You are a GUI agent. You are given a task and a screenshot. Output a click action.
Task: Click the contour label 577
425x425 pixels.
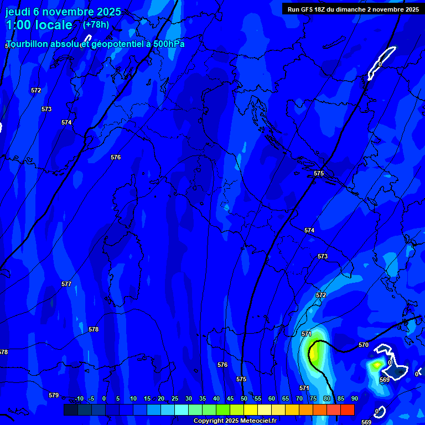tap(66, 284)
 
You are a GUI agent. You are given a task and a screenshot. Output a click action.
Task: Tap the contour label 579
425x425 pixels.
tap(54, 395)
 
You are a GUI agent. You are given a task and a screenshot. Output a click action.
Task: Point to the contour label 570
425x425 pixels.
tap(363, 345)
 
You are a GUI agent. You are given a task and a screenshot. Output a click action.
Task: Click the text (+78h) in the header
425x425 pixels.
tap(96, 25)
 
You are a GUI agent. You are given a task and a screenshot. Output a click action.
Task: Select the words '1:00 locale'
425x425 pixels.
tap(39, 25)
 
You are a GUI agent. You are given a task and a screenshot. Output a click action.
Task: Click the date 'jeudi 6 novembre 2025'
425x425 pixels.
tap(63, 12)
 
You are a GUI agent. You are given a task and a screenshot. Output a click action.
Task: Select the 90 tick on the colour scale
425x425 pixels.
tap(354, 398)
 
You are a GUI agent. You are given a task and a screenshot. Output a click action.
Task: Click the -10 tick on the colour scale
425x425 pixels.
tap(79, 398)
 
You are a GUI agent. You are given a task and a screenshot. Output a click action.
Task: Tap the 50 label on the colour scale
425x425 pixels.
tap(243, 398)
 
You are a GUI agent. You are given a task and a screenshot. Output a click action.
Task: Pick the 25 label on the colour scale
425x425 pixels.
tap(174, 398)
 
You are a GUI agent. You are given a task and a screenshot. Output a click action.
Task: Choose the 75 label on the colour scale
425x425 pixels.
tap(313, 398)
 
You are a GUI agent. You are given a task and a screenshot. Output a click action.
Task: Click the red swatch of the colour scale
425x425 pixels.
tap(347, 410)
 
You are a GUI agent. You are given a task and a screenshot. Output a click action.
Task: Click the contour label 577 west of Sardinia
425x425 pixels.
tap(66, 284)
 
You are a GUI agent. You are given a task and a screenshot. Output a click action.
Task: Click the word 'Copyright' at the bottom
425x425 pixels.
tap(208, 421)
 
